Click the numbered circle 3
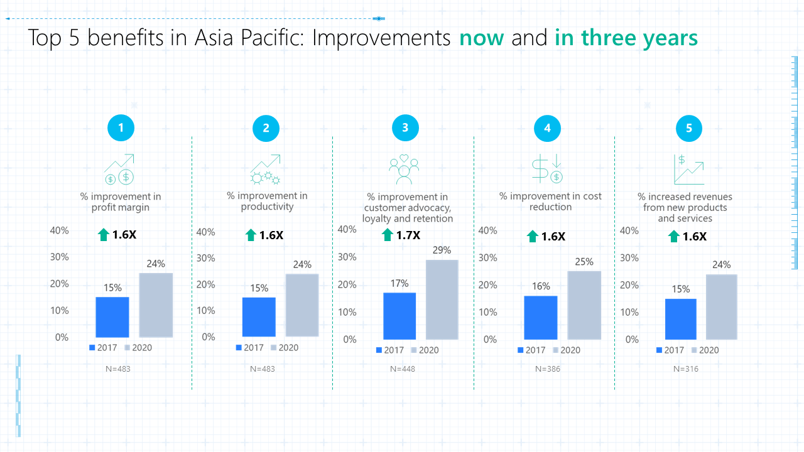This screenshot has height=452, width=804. pos(405,127)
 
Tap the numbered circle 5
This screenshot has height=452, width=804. pos(689,128)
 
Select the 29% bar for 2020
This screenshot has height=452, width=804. pos(442,299)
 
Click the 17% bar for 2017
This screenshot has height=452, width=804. pos(399,316)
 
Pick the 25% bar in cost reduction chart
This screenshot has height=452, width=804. pos(584,305)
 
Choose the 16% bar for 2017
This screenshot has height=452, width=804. pos(541,318)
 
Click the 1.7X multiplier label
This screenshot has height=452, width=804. pos(408,235)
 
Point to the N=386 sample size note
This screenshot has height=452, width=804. pos(547,369)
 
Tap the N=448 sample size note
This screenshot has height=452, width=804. pos(403,369)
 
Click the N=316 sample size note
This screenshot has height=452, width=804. pos(685,369)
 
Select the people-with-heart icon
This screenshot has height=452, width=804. pos(404,169)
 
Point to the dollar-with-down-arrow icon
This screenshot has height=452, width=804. pos(547,168)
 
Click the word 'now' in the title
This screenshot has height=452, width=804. pos(482,38)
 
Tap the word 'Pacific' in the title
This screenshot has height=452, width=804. pos(273,37)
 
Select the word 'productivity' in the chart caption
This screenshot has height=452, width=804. pos(267,207)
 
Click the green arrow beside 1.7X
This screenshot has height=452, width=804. pos(388,235)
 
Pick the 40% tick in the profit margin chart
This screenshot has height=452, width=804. pos(59,230)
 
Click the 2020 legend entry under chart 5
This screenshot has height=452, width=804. pos(705,350)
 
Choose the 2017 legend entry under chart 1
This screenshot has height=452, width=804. pos(103,348)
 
